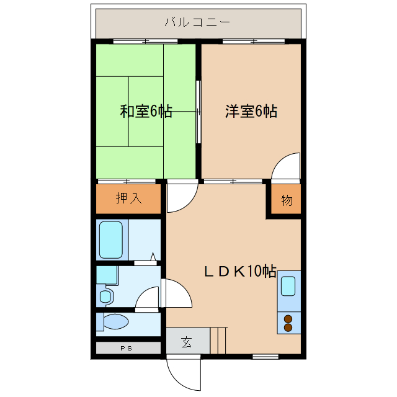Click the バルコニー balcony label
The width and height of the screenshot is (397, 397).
click(x=197, y=23)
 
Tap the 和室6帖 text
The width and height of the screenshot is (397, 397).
click(x=146, y=112)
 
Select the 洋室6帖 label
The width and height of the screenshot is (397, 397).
click(x=251, y=112)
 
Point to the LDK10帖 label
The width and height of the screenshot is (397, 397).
click(x=241, y=271)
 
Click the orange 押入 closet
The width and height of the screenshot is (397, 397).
click(x=129, y=198)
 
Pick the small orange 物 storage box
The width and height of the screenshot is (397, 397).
click(x=286, y=200)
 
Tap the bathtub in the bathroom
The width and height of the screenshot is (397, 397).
click(x=112, y=239)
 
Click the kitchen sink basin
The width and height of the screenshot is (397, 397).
click(x=288, y=286)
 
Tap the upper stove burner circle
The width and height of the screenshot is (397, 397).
click(x=288, y=319)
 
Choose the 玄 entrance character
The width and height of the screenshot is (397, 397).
click(x=186, y=342)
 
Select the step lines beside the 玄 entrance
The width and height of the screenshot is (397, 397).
click(x=219, y=340)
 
